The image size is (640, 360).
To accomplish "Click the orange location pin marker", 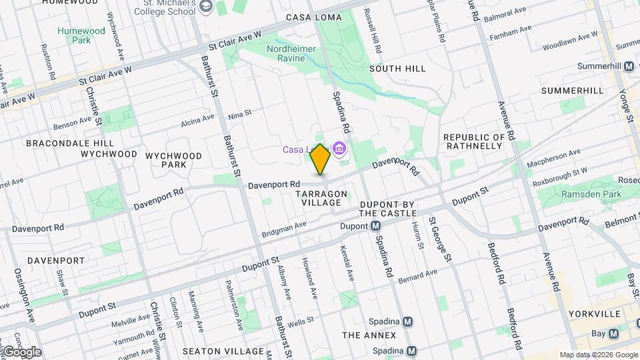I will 320,159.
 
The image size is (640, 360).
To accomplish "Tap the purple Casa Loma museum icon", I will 340,149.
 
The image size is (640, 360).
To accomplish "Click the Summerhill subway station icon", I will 628,67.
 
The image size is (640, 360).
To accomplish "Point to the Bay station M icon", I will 613,333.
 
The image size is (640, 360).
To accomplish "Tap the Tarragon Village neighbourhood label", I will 321,198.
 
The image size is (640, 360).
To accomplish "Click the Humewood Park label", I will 81,35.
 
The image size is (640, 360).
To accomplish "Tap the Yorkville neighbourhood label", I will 596,313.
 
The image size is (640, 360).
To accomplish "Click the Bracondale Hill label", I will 61,143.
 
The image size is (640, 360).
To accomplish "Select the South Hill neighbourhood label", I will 397,69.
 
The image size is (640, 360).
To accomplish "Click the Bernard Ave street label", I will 417,276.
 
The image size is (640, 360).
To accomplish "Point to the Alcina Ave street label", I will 198,122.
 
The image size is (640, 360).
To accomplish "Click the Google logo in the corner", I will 21,351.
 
